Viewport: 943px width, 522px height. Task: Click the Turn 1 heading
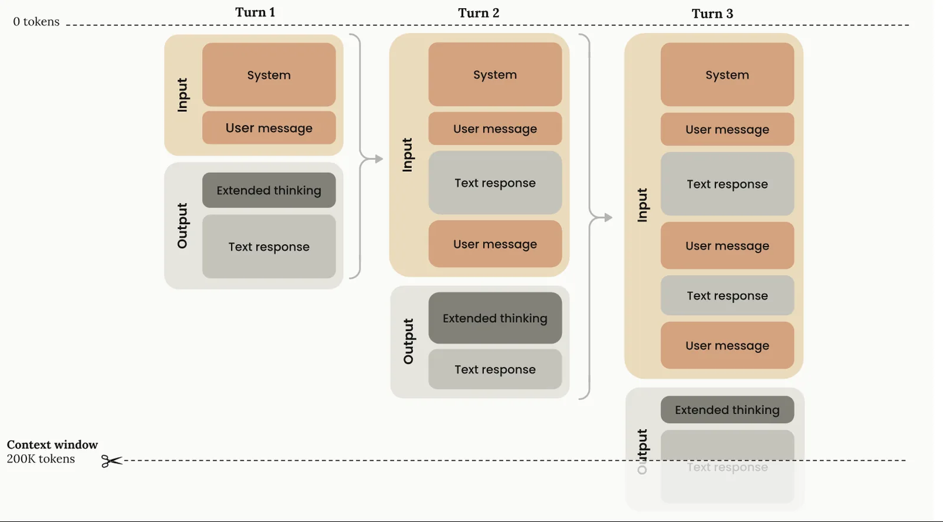tap(255, 12)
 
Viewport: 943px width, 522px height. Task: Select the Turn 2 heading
tap(479, 13)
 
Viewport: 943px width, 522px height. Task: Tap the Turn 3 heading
tap(713, 14)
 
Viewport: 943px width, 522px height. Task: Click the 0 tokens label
tap(36, 21)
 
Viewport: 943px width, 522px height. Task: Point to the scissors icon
tap(111, 461)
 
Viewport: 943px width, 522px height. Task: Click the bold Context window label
tap(52, 445)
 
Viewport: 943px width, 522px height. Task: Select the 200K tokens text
tap(41, 459)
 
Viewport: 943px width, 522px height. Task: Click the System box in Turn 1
tap(269, 74)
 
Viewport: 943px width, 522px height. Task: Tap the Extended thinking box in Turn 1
tap(269, 190)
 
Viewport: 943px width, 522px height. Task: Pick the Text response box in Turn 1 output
tap(269, 247)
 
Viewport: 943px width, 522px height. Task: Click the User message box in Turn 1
tap(269, 127)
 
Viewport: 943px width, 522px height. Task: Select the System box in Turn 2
tap(495, 74)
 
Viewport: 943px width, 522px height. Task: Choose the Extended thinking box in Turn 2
tap(495, 318)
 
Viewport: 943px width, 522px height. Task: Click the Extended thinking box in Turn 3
tap(727, 409)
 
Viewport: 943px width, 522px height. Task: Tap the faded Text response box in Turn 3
tap(727, 467)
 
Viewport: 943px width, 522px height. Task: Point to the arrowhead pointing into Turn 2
tap(379, 159)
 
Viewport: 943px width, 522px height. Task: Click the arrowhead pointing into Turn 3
tap(608, 218)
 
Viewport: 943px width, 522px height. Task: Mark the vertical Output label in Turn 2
tap(408, 342)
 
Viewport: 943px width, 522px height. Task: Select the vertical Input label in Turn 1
tap(182, 95)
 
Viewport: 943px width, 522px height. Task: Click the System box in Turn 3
tap(727, 74)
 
